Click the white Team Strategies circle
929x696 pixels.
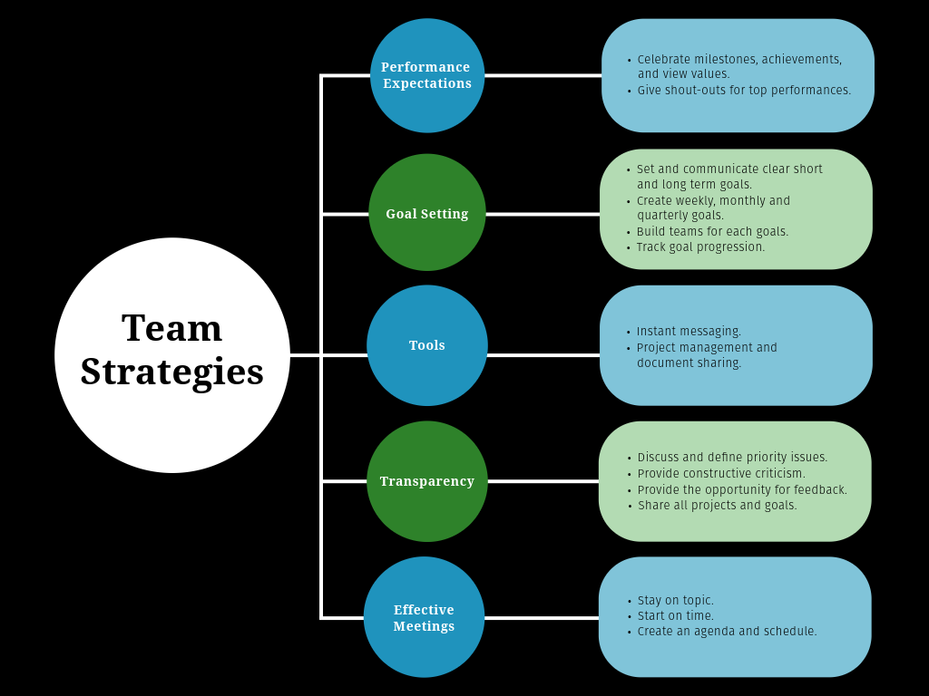(x=172, y=355)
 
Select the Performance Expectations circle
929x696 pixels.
(x=427, y=75)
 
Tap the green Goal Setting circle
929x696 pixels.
(x=427, y=213)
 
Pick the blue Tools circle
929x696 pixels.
(x=427, y=345)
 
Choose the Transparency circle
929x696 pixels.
(x=427, y=481)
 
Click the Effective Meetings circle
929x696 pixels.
(x=424, y=617)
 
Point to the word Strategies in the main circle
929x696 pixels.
(x=172, y=372)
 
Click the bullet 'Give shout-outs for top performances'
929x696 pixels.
(x=744, y=91)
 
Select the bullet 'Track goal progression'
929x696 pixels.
(x=700, y=247)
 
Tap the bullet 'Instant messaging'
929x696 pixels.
(x=689, y=332)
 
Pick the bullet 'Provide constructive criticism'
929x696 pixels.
(x=721, y=474)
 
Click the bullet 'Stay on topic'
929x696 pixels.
(x=675, y=601)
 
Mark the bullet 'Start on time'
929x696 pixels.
(x=675, y=616)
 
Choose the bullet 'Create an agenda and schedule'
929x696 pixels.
(x=727, y=632)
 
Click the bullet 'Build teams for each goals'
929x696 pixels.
(x=712, y=232)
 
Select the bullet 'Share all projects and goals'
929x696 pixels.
(x=717, y=506)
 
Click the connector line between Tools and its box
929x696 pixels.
(x=543, y=355)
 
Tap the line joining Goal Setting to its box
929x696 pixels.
(x=543, y=215)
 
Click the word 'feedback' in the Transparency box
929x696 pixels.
(x=817, y=490)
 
